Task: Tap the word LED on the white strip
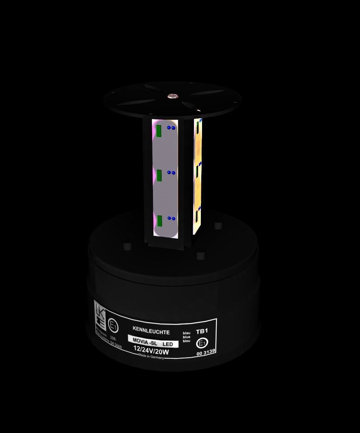[168, 344]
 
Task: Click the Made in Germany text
[151, 357]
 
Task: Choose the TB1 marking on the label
[202, 331]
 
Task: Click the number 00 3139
[205, 352]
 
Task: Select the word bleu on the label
[187, 341]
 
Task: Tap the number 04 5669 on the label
[115, 346]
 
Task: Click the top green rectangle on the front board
[158, 131]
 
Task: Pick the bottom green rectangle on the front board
[160, 221]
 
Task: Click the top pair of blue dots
[171, 127]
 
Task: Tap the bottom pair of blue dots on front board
[171, 218]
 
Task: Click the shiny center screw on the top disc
[171, 95]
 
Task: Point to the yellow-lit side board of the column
[198, 174]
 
